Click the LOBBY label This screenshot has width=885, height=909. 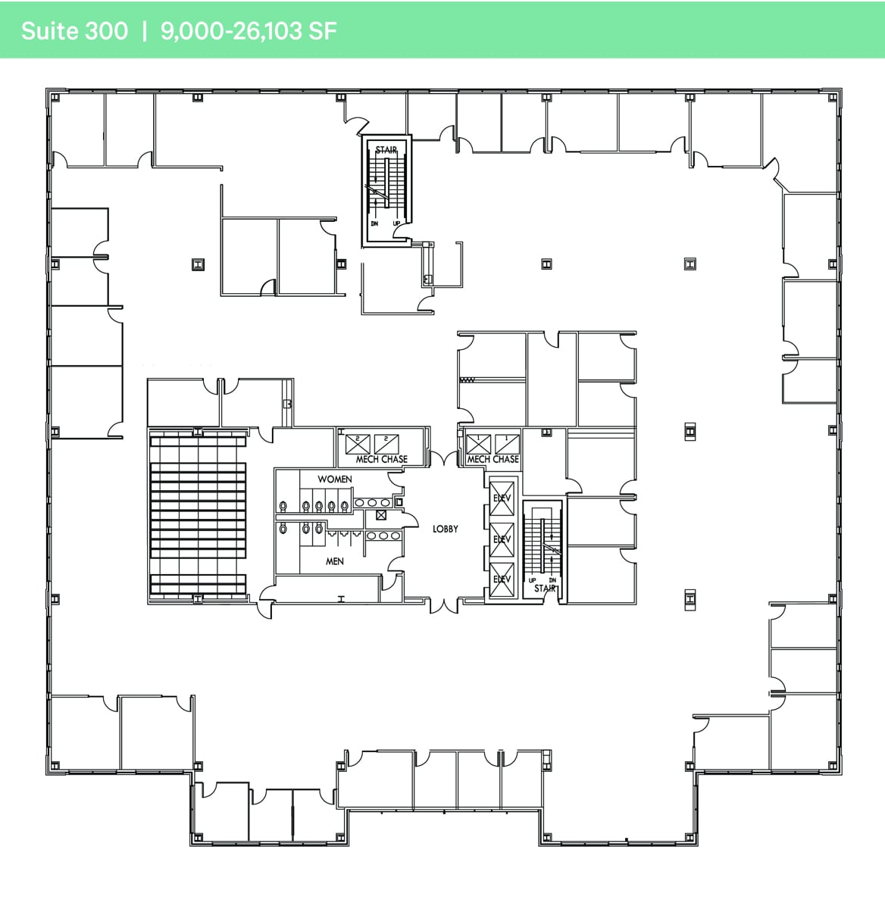[x=445, y=529]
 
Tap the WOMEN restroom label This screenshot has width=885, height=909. [x=334, y=479]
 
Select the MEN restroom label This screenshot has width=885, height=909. [x=334, y=561]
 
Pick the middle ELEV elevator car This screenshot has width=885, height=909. [x=502, y=539]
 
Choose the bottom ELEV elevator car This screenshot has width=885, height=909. [x=502, y=580]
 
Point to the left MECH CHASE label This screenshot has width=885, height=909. [x=382, y=459]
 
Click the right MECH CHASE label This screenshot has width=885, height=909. [x=493, y=459]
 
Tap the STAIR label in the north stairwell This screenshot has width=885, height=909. [x=386, y=150]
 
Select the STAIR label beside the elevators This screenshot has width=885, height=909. [x=545, y=589]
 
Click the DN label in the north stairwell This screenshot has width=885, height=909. [x=374, y=223]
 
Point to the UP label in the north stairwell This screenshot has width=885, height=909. [x=396, y=223]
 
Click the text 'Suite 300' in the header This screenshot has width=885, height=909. [x=74, y=31]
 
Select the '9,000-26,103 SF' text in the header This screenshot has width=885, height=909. [x=249, y=31]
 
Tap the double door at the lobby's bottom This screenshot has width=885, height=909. [x=444, y=604]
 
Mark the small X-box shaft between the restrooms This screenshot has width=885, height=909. [x=381, y=517]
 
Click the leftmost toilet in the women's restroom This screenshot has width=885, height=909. [x=283, y=506]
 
